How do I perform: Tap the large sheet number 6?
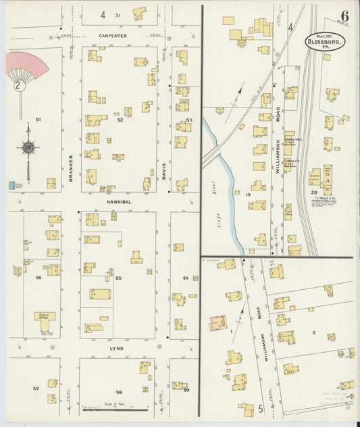point(344,16)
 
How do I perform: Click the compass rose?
point(28,147)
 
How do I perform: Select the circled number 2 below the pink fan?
point(19,86)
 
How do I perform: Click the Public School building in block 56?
point(45,321)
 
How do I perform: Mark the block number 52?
point(120,120)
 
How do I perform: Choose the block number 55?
point(118,278)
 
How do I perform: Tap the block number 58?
point(118,392)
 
